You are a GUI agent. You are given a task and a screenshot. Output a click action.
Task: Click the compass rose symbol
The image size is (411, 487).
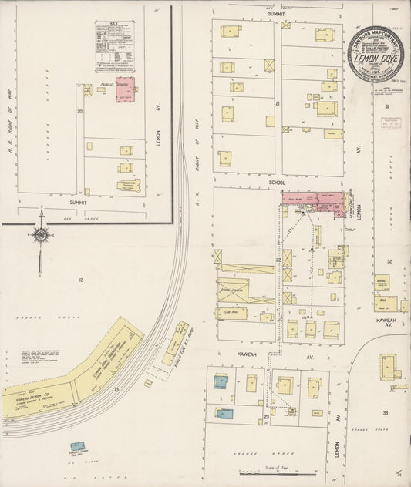tap(39, 234)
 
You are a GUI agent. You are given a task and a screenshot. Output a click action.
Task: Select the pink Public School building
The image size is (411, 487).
tap(124, 90)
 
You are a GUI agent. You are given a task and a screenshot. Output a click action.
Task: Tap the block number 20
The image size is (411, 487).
tap(79, 112)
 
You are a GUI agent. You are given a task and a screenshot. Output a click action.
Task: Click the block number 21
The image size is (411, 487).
tap(277, 102)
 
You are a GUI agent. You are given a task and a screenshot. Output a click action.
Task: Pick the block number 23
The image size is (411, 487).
tap(266, 417)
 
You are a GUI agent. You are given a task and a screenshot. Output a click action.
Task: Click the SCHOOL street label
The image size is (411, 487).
tap(277, 183)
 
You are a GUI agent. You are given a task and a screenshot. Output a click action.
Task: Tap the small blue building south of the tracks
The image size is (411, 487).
tap(78, 446)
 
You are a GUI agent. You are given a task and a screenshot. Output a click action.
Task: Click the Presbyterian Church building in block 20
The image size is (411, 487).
tap(128, 184)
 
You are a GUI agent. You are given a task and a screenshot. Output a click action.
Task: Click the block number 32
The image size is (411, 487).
tap(389, 262)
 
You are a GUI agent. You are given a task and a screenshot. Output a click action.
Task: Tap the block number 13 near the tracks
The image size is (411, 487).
tap(116, 390)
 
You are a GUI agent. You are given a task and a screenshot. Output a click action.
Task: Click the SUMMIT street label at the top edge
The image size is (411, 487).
tap(276, 14)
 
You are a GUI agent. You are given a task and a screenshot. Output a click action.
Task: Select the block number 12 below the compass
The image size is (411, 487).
tap(79, 279)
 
